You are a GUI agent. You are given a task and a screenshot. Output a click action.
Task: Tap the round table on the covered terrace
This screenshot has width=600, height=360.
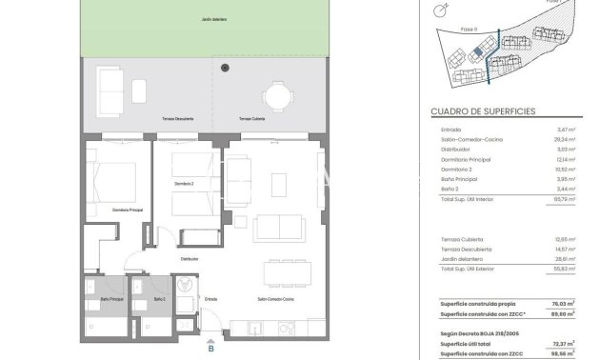pos(279,95)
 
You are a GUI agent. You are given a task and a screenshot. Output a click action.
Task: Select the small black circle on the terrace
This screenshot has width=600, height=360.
pos(225,68)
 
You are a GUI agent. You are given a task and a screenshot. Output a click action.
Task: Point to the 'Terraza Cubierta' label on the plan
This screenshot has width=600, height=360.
pos(252,119)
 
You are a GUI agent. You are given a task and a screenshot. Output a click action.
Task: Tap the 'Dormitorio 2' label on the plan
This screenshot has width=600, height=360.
pos(185,184)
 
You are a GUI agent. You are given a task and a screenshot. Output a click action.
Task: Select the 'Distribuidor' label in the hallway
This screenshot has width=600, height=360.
pos(190,258)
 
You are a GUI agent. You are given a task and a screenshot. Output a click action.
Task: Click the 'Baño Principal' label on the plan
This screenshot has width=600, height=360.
pos(113,300)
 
